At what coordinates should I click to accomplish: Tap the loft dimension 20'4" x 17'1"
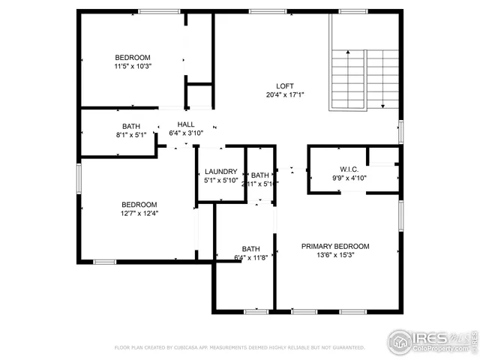(x=284, y=94)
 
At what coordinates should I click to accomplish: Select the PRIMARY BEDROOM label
(x=335, y=246)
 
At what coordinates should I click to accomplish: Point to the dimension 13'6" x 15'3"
(x=335, y=255)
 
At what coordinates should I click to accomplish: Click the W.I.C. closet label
(x=349, y=169)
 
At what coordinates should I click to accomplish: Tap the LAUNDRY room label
(x=220, y=172)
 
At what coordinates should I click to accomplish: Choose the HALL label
(x=186, y=124)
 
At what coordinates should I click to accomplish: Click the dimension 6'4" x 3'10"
(x=186, y=133)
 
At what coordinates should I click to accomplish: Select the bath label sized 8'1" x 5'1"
(x=131, y=126)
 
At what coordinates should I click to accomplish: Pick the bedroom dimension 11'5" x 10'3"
(x=133, y=67)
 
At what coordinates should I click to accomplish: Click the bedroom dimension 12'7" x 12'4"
(x=139, y=213)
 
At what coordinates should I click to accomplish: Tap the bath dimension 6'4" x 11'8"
(x=250, y=258)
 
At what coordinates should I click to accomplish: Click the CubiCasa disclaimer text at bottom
(x=239, y=348)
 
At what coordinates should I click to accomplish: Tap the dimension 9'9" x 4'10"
(x=349, y=178)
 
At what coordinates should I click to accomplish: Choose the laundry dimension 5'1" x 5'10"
(x=220, y=181)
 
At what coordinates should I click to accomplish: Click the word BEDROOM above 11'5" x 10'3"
(x=133, y=58)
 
